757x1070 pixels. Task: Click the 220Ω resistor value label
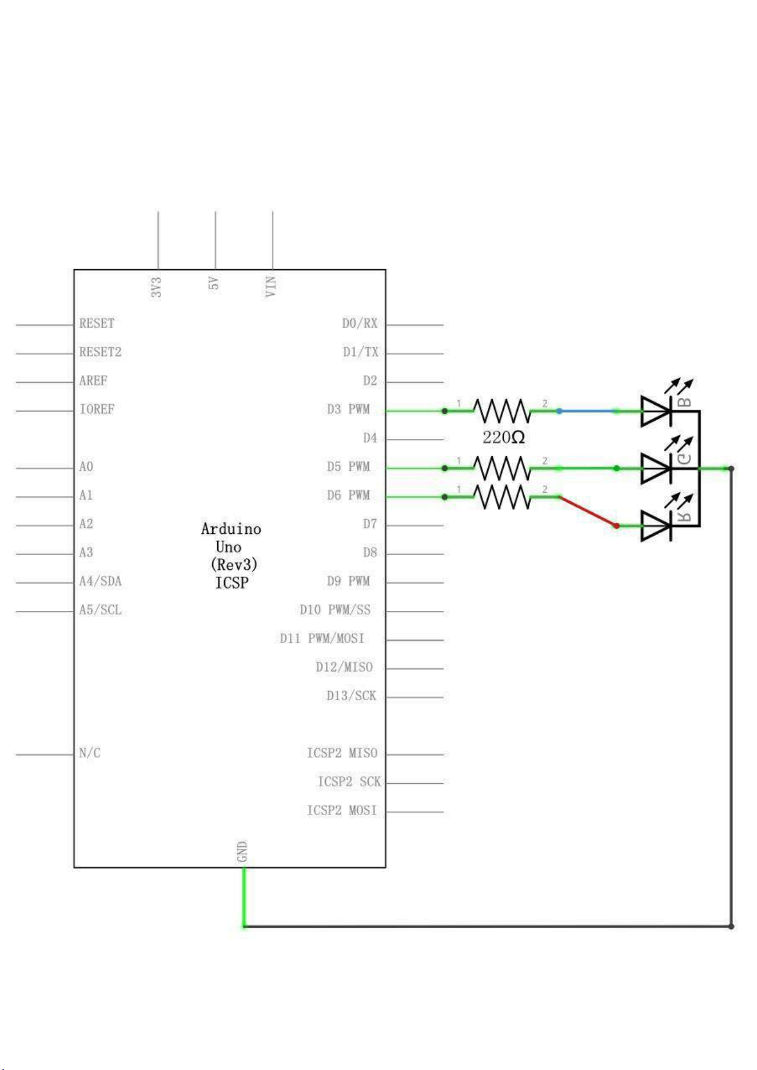click(503, 438)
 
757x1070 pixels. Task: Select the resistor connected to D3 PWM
click(502, 410)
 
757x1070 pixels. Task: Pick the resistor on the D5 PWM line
click(502, 468)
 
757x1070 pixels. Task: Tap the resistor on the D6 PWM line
click(502, 497)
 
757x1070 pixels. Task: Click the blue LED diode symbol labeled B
click(656, 411)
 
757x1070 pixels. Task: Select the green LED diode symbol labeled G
click(656, 468)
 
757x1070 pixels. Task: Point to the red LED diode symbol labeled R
click(656, 526)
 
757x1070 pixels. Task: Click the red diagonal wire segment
click(588, 511)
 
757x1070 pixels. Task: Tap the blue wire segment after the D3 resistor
click(588, 411)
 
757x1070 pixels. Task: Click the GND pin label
click(242, 852)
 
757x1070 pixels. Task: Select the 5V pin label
click(214, 284)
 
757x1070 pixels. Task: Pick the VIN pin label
click(271, 286)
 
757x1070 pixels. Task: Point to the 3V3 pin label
click(157, 287)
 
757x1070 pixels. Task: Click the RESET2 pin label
click(100, 352)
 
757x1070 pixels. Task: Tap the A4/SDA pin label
click(100, 581)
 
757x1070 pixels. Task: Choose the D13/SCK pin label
click(352, 696)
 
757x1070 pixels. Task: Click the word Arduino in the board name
click(231, 529)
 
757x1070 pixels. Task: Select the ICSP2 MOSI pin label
click(342, 811)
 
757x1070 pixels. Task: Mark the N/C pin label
click(90, 753)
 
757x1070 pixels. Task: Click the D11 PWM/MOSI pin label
click(322, 638)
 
